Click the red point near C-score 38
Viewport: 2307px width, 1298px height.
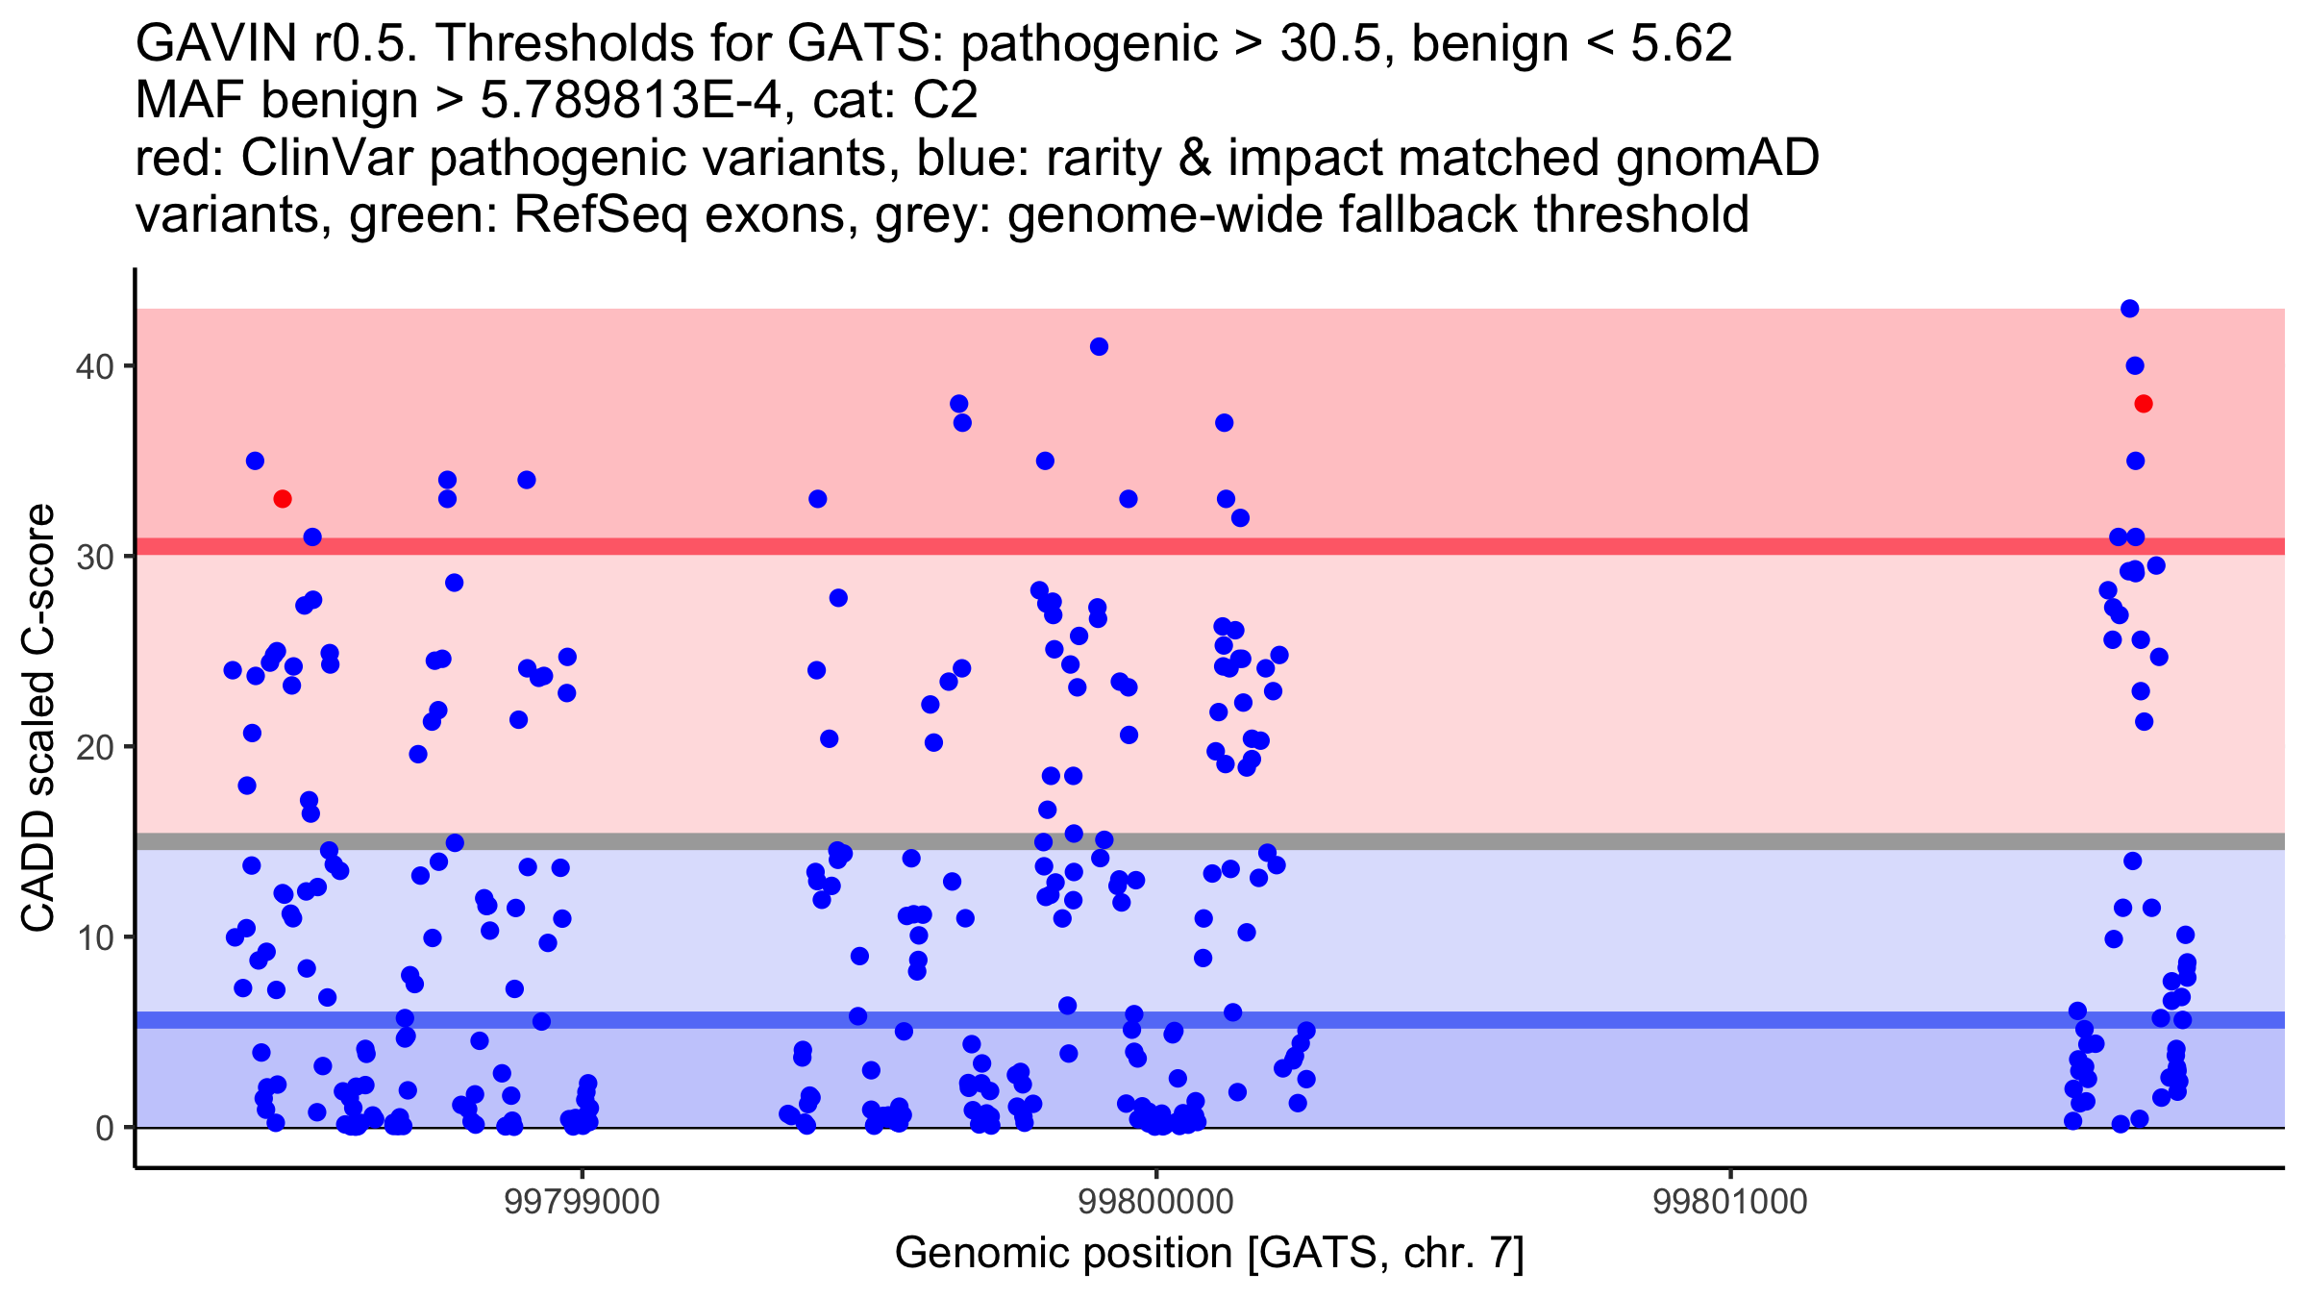point(2143,404)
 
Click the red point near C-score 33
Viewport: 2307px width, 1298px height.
point(282,499)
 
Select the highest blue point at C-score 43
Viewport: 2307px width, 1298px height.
point(2129,309)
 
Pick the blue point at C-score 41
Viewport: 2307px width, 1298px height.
point(1099,347)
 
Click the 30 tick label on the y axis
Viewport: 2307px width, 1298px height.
point(93,557)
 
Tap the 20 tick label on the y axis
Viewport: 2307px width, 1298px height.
point(93,747)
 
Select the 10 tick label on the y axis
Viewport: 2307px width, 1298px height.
point(93,937)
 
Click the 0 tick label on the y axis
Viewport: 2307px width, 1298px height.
point(104,1128)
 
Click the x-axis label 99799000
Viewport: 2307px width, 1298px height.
point(582,1202)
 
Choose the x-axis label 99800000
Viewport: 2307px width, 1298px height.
point(1155,1202)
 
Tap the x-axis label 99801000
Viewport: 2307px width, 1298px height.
point(1730,1202)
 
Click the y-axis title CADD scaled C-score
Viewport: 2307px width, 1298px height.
point(38,719)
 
